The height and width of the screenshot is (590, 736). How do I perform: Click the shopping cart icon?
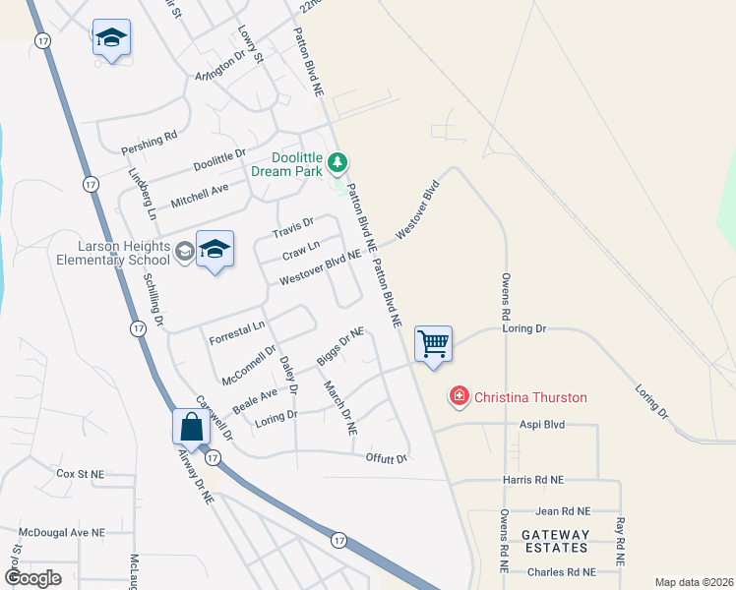coord(433,344)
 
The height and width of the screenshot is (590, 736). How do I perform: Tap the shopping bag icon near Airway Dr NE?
coord(191,428)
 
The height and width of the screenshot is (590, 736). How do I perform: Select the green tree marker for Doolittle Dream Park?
coord(337,160)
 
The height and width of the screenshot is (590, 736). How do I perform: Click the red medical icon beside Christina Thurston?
coord(459,397)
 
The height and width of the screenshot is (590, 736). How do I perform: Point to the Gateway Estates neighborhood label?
coord(555,542)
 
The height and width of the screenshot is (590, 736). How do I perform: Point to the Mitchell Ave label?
coord(199,195)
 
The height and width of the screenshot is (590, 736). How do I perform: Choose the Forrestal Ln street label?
coord(237,325)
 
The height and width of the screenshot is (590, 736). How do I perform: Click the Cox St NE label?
coord(80,473)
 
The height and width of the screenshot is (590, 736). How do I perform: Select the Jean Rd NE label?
coord(563,511)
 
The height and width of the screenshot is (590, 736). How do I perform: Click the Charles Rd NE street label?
coord(561,571)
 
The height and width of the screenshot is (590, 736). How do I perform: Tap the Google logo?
coord(32,578)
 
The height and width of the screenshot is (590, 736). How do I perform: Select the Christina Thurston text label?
coord(530,398)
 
